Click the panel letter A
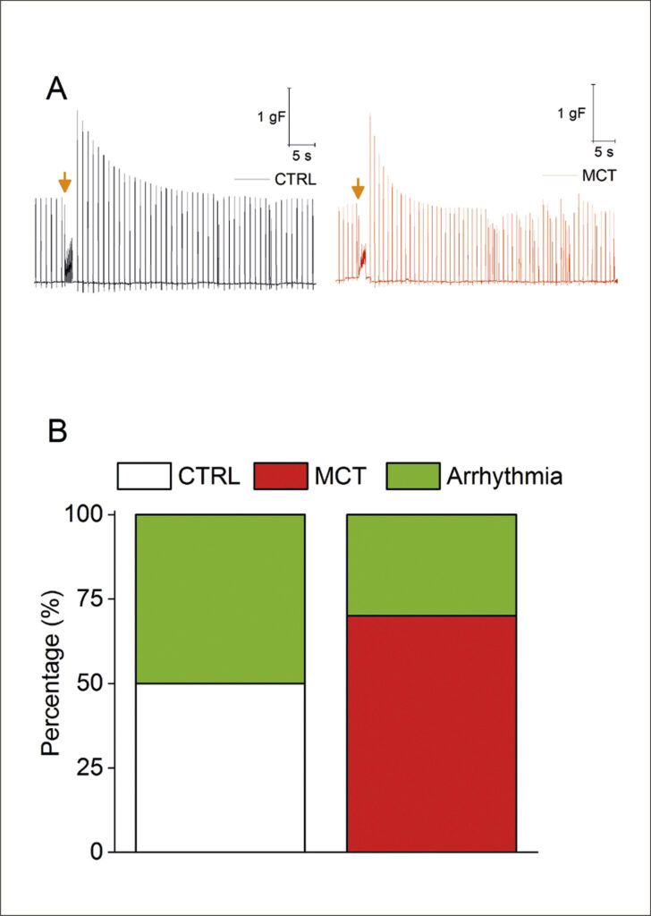point(56,92)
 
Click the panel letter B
point(57,432)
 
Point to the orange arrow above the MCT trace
point(358,188)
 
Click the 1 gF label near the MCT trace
point(571,114)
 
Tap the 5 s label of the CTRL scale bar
point(302,156)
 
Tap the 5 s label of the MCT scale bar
point(604,152)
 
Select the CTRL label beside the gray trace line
point(295,179)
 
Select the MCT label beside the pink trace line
point(599,175)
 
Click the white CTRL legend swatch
point(144,476)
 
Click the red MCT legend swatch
point(280,476)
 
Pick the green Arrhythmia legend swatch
point(413,476)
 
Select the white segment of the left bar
point(220,768)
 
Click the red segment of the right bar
point(432,734)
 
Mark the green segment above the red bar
point(432,565)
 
